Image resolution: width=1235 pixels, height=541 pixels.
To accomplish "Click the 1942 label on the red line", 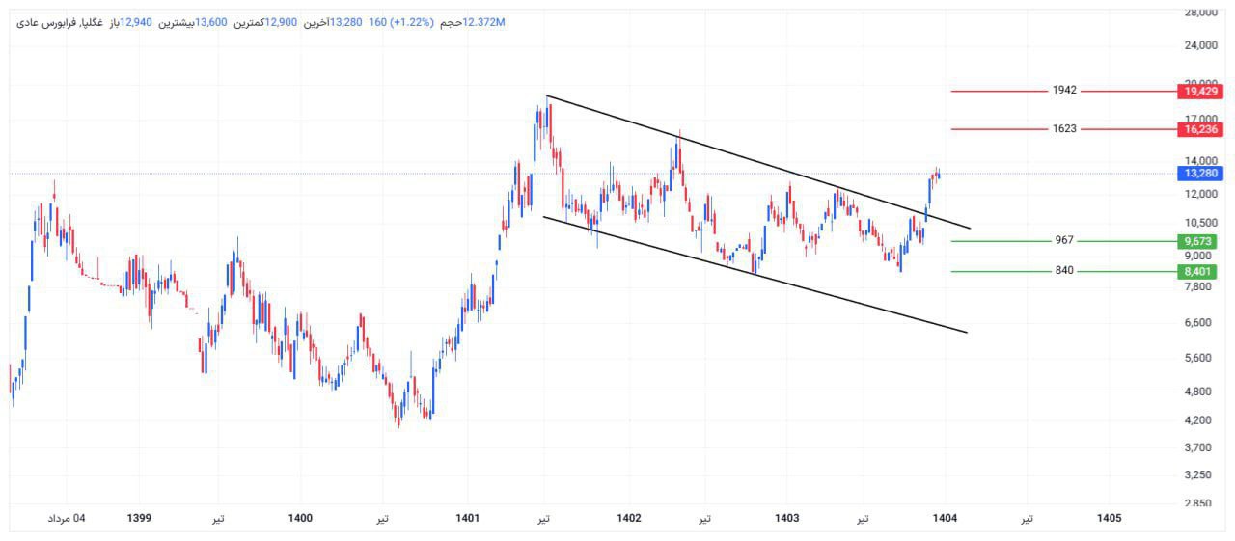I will (1064, 90).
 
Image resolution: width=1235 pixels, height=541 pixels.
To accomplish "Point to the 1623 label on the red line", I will (1064, 128).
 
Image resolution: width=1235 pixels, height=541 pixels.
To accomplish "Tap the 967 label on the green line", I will (1063, 240).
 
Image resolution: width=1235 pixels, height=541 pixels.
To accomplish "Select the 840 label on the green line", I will (1063, 271).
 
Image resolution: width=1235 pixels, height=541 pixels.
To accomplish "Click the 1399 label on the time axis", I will (139, 518).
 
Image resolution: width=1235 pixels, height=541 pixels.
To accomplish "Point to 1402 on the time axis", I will (629, 518).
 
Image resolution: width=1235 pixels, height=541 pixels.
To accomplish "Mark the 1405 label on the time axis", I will (1110, 518).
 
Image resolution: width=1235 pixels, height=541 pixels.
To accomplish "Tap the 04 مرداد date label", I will (67, 518).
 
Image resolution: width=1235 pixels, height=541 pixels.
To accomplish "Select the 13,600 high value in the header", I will (211, 22).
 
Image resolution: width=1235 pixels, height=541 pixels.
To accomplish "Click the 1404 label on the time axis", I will (945, 518).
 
